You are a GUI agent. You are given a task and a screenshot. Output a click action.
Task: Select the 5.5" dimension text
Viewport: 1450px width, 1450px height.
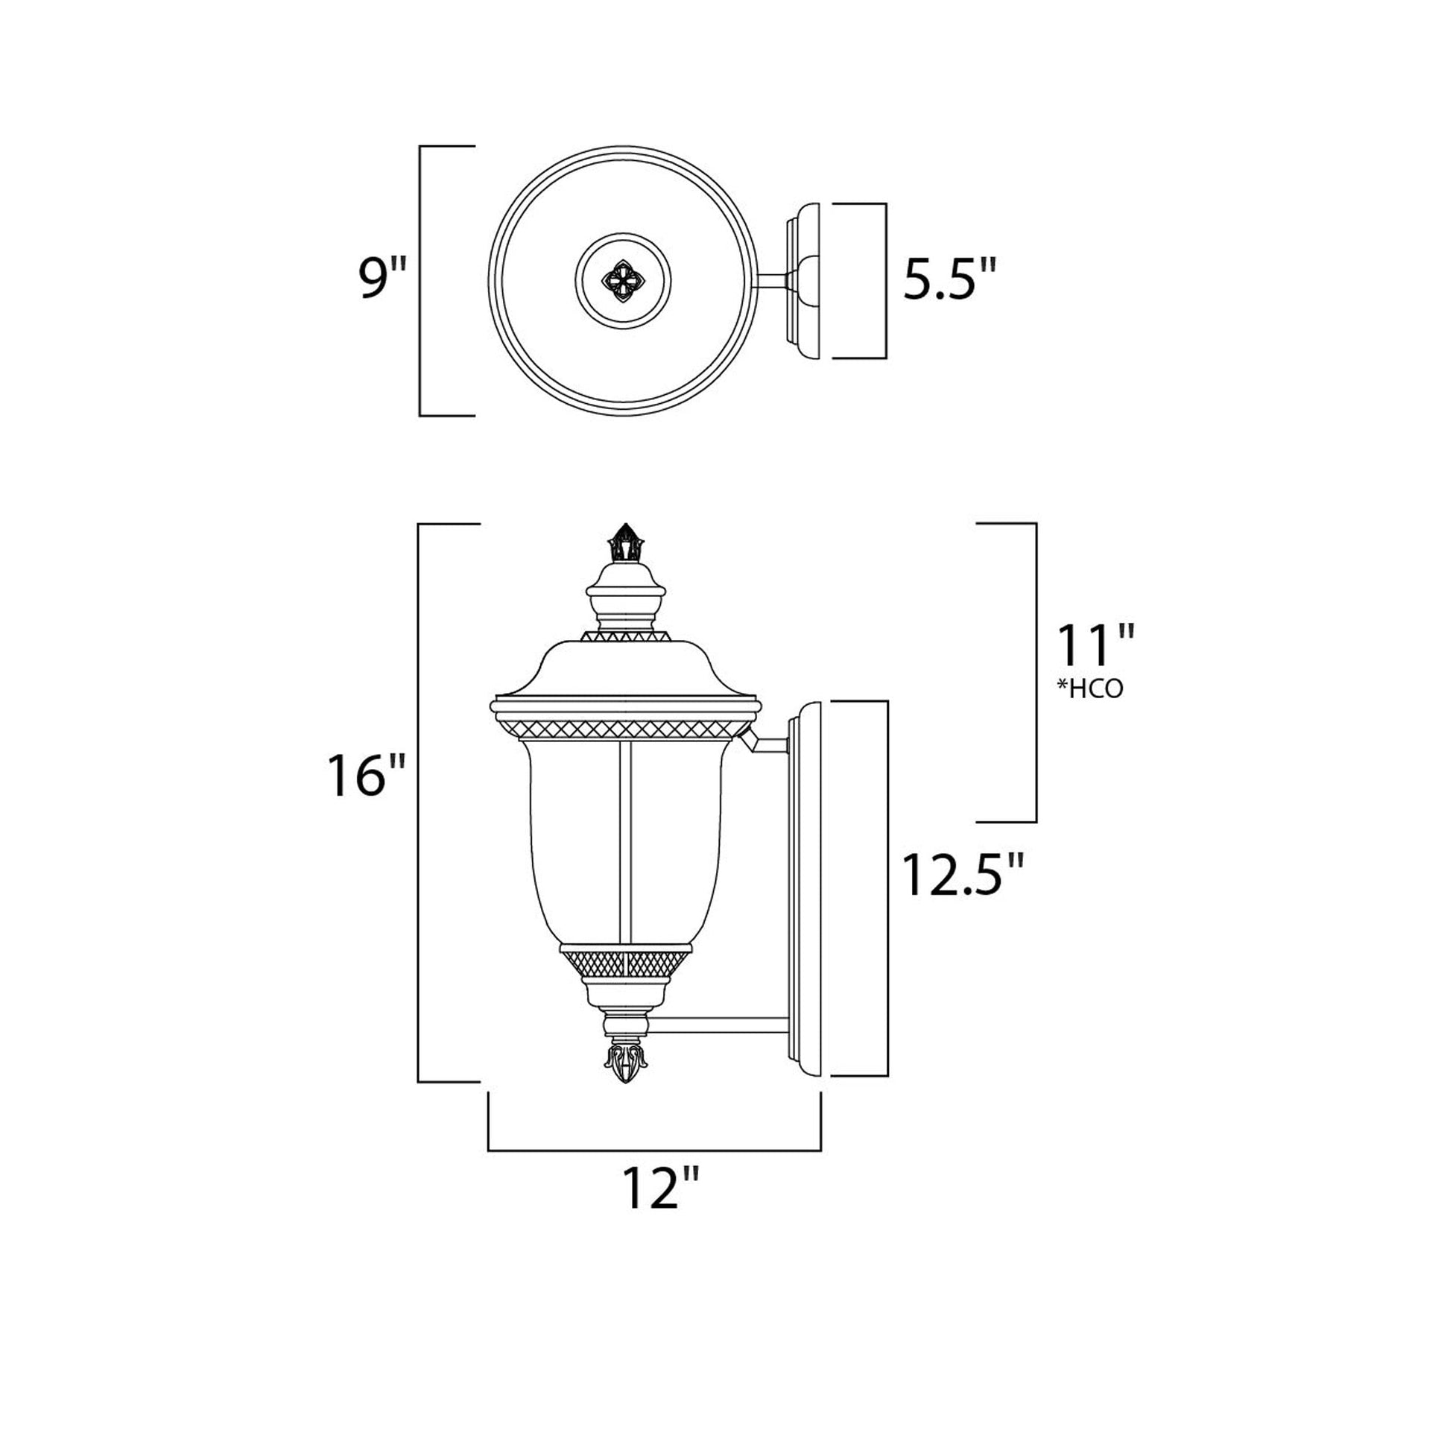[949, 279]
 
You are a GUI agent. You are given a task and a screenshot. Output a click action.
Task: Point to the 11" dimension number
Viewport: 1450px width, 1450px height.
[1094, 645]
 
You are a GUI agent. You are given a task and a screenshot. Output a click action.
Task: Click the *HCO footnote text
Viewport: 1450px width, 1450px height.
[1090, 689]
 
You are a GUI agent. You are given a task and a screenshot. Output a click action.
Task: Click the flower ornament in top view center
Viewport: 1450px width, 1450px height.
[623, 281]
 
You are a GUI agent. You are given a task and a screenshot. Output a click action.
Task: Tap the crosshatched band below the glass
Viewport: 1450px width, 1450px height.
[625, 961]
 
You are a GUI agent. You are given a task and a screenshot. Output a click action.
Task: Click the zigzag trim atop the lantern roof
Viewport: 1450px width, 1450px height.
[625, 636]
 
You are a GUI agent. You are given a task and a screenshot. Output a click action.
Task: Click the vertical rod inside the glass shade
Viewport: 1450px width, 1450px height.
[626, 840]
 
